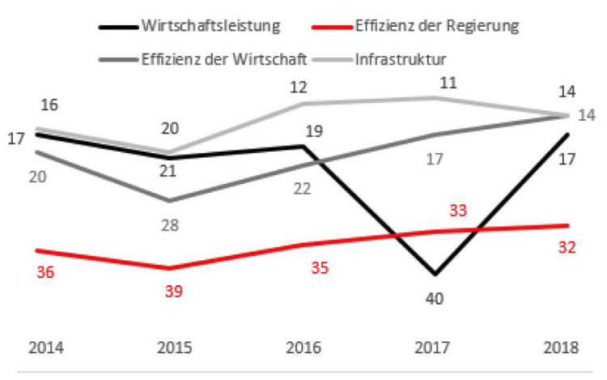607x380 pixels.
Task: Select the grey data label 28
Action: point(170,224)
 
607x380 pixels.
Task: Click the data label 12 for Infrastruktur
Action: point(301,85)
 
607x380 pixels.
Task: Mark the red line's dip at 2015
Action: point(169,267)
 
